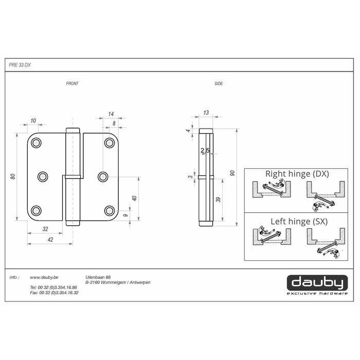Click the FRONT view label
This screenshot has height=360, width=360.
pos(73,83)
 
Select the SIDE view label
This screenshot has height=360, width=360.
pos(219,83)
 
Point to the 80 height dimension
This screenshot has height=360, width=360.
pos(13,177)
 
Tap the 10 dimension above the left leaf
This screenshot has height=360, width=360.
pos(33,120)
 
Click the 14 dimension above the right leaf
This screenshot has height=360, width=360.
pos(111,114)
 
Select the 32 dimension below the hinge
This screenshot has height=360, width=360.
pos(45,229)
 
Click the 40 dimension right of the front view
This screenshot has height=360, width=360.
pos(134,199)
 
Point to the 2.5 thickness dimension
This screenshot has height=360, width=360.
pos(205,151)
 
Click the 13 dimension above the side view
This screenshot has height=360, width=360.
pos(206,113)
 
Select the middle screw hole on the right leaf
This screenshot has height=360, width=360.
pos(103,177)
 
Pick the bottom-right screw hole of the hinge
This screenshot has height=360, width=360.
pos(109,210)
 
